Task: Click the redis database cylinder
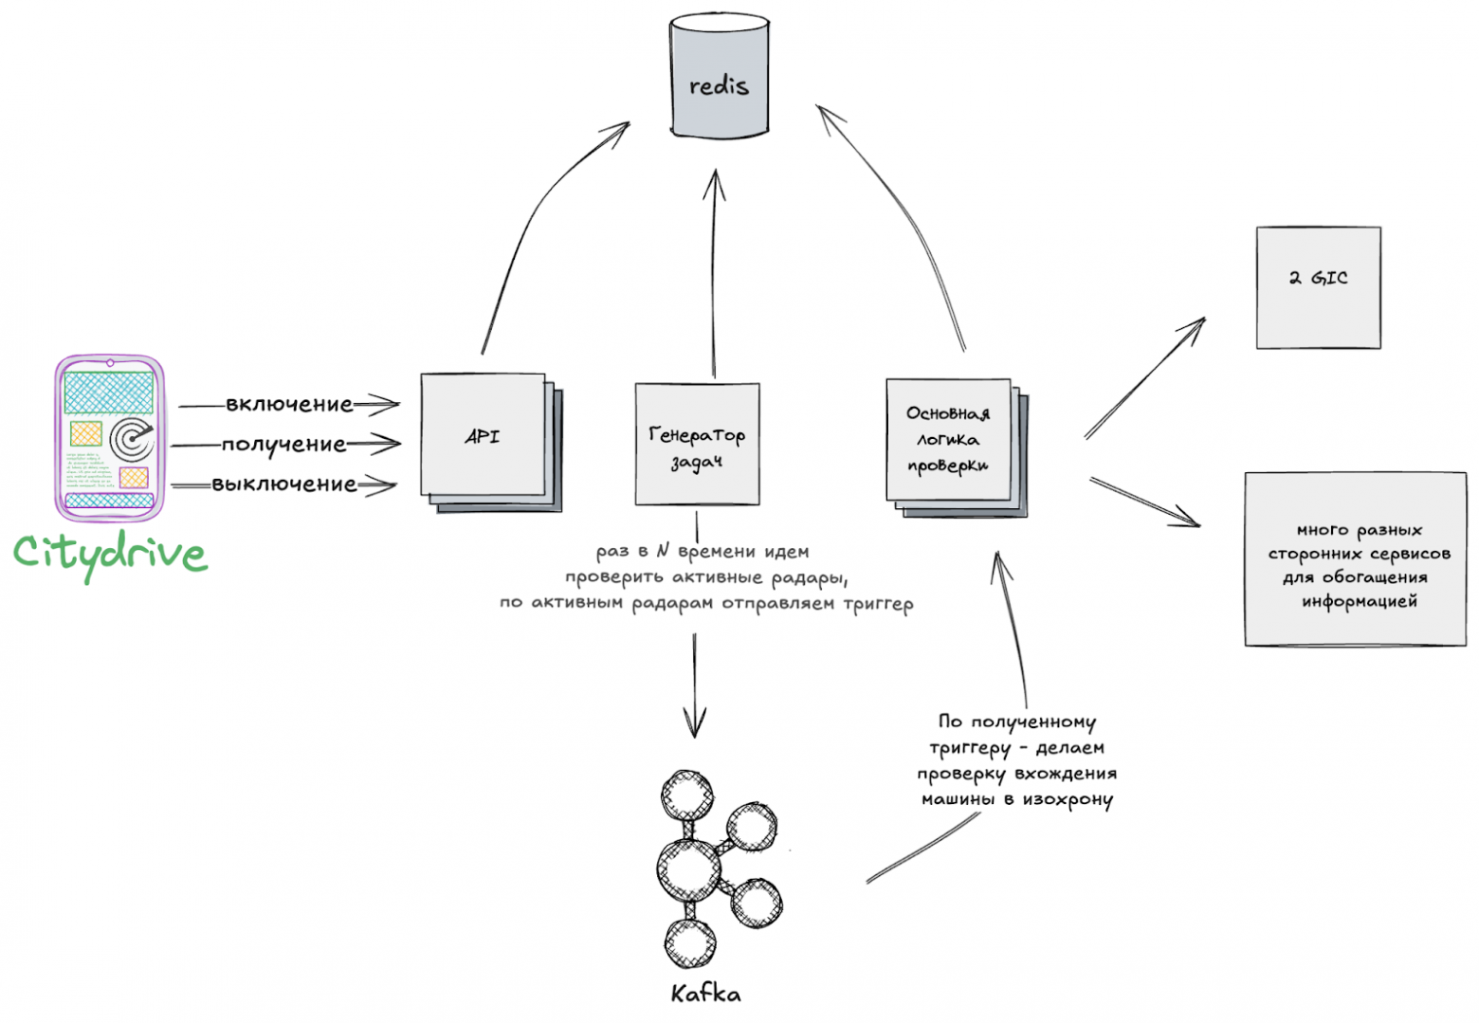coord(719,76)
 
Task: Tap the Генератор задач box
coord(697,444)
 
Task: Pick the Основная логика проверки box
coord(948,439)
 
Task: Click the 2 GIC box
coord(1318,287)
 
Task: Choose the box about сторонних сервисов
coord(1356,559)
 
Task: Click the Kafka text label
coord(705,994)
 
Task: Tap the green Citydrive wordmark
coord(110,555)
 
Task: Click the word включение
coord(289,405)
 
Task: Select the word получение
coord(284,444)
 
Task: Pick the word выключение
coord(284,484)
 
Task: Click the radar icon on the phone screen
coord(131,439)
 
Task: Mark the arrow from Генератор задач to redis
coord(714,275)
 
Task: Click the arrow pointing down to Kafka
coord(695,683)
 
